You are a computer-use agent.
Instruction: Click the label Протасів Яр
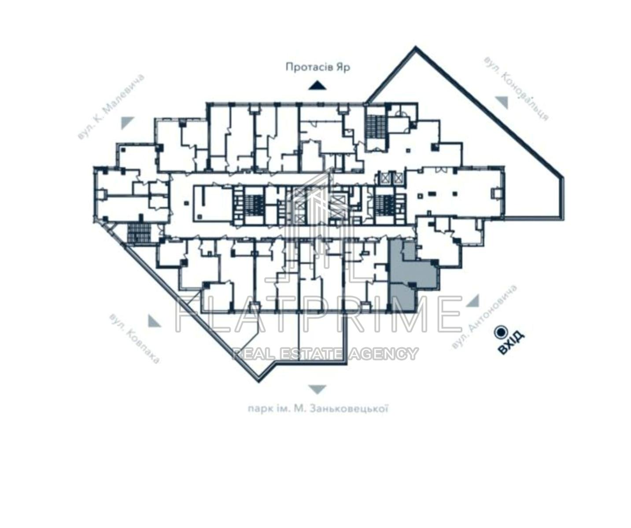(x=318, y=67)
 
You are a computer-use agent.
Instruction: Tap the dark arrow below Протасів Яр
(x=317, y=86)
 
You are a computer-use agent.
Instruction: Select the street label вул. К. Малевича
(x=111, y=107)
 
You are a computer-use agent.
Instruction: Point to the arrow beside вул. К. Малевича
(x=128, y=123)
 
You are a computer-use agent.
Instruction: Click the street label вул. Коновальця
(x=516, y=88)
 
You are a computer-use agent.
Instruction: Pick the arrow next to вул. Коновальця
(x=502, y=103)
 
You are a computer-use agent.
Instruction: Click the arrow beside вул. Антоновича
(x=473, y=301)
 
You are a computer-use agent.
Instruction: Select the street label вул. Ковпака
(x=134, y=339)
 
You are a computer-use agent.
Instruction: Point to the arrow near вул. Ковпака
(x=154, y=321)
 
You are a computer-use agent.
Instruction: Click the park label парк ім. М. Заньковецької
(x=317, y=410)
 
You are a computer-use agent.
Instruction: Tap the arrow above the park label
(x=317, y=390)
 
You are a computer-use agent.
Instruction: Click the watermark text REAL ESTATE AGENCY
(x=325, y=353)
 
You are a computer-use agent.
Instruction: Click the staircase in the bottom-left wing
(x=139, y=233)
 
